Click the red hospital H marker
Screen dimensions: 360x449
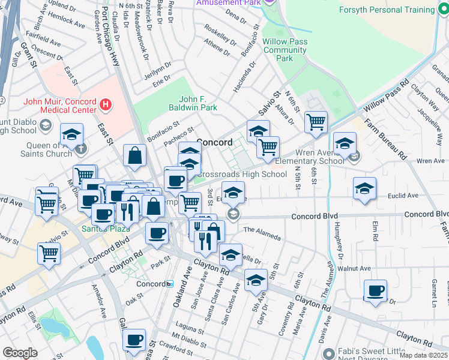[x=106, y=106]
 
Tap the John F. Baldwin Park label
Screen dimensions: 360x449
[x=197, y=103]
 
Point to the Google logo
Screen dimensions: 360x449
[x=20, y=353]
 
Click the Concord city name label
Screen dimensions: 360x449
[x=214, y=142]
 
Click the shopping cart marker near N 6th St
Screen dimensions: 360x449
[x=316, y=122]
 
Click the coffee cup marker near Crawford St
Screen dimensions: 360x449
[x=134, y=340]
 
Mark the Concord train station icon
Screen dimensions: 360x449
[x=170, y=284]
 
